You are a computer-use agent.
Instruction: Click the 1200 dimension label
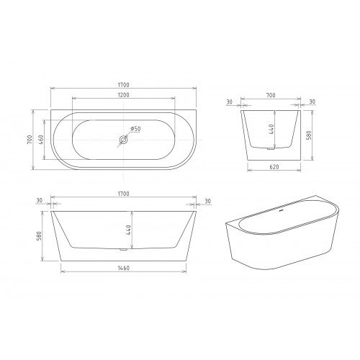(x=124, y=95)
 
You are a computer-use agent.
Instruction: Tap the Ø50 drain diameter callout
(x=135, y=129)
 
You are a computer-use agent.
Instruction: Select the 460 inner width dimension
(x=40, y=140)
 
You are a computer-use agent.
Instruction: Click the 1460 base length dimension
(x=123, y=268)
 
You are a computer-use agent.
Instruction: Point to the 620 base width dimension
(x=274, y=167)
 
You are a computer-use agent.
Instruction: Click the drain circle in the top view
(x=123, y=140)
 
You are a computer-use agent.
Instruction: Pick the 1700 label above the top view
(x=123, y=85)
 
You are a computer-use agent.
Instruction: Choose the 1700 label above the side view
(x=123, y=194)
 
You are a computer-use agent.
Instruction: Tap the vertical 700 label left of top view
(x=30, y=140)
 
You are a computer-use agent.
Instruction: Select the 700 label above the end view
(x=271, y=95)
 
